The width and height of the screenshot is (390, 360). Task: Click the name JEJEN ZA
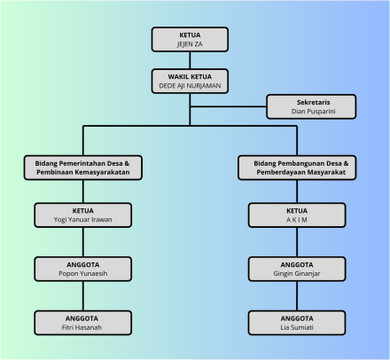190,44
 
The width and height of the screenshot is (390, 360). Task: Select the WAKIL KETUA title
190,77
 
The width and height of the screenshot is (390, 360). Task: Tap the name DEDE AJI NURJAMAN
190,86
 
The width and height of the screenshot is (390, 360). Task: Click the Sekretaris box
311,106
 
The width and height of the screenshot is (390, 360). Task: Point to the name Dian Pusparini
313,112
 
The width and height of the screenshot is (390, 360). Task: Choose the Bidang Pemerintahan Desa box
83,168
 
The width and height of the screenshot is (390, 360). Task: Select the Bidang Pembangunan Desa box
297,168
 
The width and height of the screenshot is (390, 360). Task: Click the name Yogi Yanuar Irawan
82,220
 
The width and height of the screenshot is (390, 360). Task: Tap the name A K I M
297,220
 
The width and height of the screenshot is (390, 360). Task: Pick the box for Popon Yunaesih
83,269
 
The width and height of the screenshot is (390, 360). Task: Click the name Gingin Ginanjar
297,274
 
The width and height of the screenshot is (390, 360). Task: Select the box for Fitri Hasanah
83,323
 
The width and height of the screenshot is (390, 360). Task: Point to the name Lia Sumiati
297,327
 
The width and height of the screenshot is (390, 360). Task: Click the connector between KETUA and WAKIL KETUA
190,60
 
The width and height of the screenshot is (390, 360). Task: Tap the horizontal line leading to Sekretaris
228,106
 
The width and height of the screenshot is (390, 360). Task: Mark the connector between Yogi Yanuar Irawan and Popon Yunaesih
83,242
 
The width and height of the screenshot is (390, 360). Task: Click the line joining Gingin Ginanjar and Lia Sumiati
297,296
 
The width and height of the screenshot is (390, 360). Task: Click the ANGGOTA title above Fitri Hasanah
82,318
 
